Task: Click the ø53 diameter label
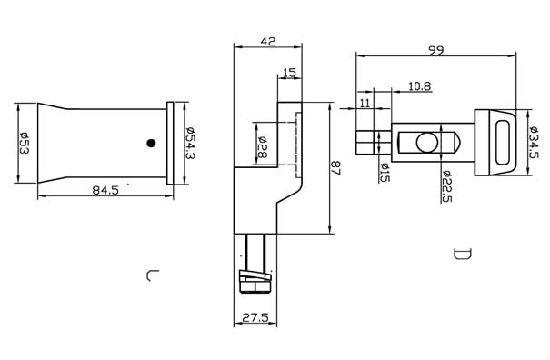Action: click(x=25, y=143)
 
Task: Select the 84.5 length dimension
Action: click(x=105, y=190)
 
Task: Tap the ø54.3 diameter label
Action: click(x=191, y=143)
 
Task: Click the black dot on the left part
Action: click(x=151, y=143)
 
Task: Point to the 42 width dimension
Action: click(x=268, y=42)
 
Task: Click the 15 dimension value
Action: click(x=289, y=73)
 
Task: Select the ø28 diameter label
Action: click(x=262, y=146)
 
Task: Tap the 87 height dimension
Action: click(x=336, y=168)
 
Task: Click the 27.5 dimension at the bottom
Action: click(x=255, y=318)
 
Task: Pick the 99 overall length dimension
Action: click(x=436, y=50)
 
